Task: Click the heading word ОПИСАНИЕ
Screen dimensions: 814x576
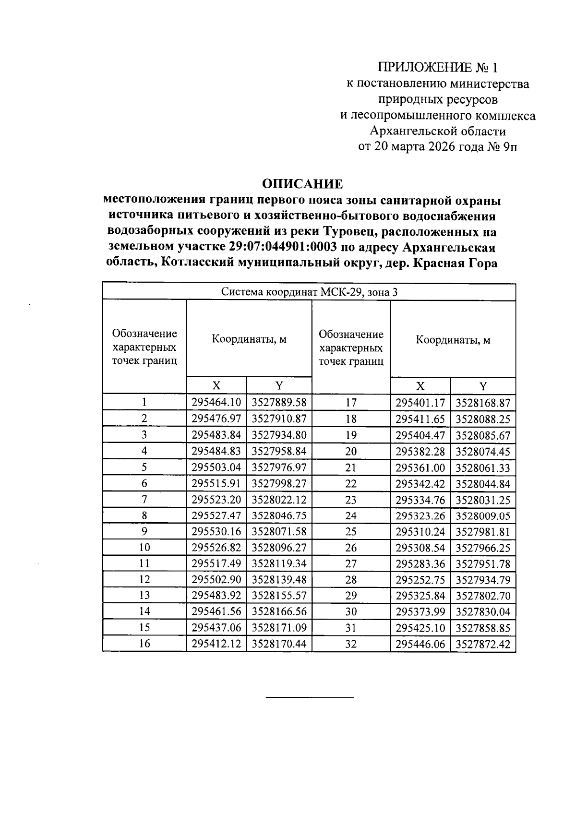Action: point(302,184)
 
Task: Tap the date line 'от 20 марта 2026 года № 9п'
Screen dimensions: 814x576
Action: point(438,146)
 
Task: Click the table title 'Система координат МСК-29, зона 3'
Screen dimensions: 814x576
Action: point(309,292)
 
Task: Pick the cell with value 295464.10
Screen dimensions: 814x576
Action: point(216,402)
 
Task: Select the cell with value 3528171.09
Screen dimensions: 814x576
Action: point(279,627)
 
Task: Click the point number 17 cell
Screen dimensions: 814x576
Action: point(351,403)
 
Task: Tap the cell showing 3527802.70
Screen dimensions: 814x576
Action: point(483,596)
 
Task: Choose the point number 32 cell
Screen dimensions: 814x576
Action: point(351,644)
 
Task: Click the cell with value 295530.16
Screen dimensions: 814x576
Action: point(216,531)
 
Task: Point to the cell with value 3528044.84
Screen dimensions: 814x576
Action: point(483,484)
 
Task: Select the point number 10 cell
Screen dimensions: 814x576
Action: point(144,547)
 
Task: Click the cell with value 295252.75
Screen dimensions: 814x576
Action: point(420,580)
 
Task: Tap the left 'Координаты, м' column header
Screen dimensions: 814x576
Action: point(249,339)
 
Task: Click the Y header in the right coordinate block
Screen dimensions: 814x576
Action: point(483,386)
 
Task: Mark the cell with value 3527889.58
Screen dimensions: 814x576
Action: point(279,402)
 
